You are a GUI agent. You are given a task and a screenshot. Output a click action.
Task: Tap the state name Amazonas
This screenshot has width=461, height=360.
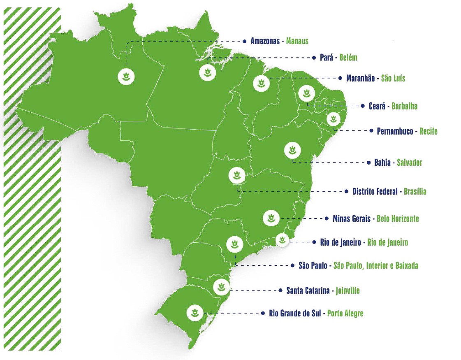pos(266,41)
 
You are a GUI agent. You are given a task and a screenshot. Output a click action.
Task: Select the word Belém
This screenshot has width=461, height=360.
pos(348,58)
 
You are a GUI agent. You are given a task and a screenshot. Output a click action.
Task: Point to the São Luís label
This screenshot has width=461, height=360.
pos(393,78)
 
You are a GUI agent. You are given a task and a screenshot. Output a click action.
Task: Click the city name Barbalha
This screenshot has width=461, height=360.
pos(404,106)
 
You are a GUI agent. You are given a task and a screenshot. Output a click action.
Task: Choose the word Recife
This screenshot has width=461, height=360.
pos(429,131)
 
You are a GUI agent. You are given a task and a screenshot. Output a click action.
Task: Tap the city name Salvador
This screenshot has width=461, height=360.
pos(409,163)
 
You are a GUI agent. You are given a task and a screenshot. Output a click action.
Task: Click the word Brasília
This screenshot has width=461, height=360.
pos(415,191)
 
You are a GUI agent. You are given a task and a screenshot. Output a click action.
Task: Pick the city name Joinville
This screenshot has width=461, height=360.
pos(347,290)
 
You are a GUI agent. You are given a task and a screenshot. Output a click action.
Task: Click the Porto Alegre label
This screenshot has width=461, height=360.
pos(345,314)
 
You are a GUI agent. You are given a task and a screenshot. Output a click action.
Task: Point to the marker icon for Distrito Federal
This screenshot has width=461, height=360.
pos(236,176)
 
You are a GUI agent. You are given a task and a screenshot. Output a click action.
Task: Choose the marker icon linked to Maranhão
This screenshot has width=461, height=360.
pos(261,84)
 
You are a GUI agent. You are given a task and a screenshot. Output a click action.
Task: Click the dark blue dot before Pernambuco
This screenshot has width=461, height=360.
pos(371,131)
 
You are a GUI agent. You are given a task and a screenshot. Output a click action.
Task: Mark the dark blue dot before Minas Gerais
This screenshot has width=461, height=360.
pos(327,218)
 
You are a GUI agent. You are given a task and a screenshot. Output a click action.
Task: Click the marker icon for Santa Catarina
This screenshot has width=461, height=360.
pos(221,287)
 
